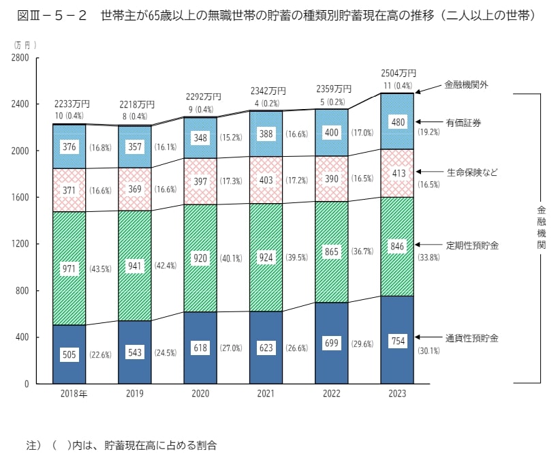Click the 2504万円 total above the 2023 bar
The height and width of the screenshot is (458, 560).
399,74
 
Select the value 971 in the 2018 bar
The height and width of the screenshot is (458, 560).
69,269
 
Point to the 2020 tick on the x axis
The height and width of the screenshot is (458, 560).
200,394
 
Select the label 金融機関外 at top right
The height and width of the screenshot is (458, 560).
467,85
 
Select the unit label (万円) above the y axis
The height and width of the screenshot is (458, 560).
25,44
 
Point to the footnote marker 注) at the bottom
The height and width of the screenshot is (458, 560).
34,445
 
